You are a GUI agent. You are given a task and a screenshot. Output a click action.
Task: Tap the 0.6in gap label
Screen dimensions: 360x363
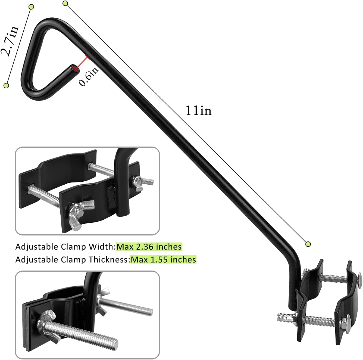pos(89,76)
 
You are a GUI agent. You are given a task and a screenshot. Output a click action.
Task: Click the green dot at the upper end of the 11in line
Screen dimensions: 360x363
pos(65,3)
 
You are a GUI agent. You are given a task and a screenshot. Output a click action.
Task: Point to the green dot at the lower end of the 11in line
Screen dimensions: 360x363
pos(308,244)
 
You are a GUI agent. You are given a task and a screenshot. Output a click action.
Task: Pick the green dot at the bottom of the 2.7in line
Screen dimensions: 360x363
pos(6,86)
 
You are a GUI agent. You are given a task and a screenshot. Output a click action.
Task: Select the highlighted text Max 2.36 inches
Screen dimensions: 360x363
pos(149,247)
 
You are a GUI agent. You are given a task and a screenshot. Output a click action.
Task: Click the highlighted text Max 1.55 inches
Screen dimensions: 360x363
pos(163,260)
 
